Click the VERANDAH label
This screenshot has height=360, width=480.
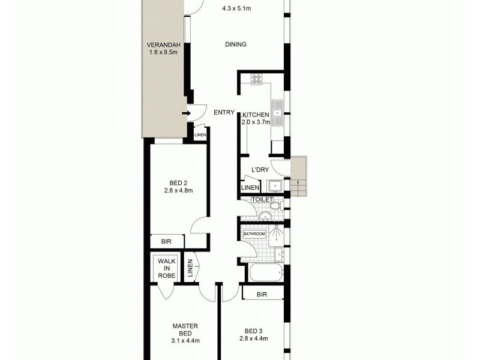click(159, 45)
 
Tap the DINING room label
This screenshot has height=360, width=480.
click(236, 44)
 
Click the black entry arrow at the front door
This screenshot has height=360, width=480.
click(187, 112)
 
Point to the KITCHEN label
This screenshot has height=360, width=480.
click(256, 114)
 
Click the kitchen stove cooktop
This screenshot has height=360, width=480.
click(257, 77)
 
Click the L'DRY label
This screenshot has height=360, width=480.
click(260, 170)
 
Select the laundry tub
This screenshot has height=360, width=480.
click(276, 185)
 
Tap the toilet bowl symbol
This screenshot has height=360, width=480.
click(274, 205)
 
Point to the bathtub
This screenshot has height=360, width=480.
click(263, 273)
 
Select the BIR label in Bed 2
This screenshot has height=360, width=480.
click(166, 242)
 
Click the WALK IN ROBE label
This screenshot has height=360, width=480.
click(166, 268)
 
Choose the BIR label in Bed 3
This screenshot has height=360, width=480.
click(262, 294)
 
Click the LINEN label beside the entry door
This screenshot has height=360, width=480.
click(200, 136)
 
